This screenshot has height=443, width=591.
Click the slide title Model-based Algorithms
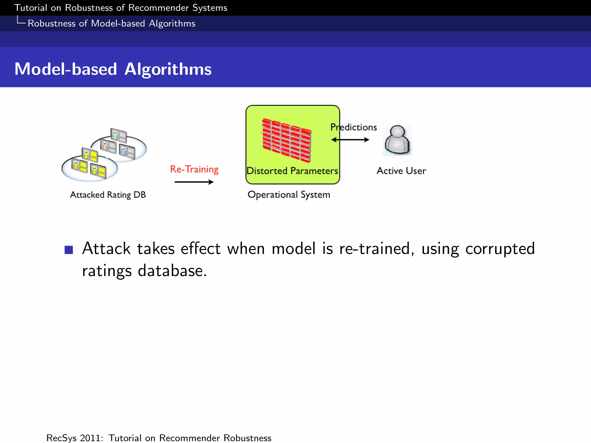(x=113, y=69)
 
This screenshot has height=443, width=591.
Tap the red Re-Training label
(x=194, y=169)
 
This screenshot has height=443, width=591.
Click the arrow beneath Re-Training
(x=194, y=182)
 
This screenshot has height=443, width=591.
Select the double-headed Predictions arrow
(x=350, y=140)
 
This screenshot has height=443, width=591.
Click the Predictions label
(x=354, y=127)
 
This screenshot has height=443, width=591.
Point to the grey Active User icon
(x=397, y=140)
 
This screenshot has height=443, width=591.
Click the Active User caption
(x=401, y=171)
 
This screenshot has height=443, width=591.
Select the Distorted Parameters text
(x=292, y=171)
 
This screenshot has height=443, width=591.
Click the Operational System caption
(x=289, y=195)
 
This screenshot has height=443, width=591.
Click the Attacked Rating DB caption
(x=108, y=195)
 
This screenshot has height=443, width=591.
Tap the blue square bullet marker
(x=69, y=250)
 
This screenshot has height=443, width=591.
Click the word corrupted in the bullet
(x=500, y=249)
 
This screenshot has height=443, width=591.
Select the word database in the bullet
(x=172, y=271)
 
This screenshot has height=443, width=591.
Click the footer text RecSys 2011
(x=74, y=438)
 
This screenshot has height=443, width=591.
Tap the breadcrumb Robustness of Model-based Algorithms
(x=111, y=23)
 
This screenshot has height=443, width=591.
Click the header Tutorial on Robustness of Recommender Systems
(x=121, y=8)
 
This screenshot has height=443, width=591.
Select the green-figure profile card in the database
(x=119, y=135)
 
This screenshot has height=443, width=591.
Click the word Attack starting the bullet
(x=106, y=249)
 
